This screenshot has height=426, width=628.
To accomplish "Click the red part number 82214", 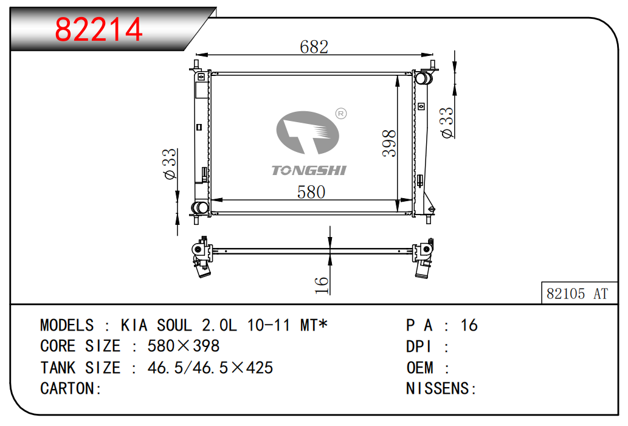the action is pyautogui.click(x=98, y=29).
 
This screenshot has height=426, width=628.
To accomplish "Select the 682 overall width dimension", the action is pyautogui.click(x=314, y=47).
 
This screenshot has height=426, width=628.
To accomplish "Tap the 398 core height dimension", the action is pyautogui.click(x=389, y=143).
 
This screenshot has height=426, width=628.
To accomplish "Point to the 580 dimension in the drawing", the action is pyautogui.click(x=311, y=192).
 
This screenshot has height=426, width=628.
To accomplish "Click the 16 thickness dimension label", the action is pyautogui.click(x=322, y=286).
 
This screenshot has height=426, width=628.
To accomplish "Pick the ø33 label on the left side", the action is pyautogui.click(x=170, y=163).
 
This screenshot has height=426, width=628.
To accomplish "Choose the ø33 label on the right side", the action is pyautogui.click(x=447, y=123).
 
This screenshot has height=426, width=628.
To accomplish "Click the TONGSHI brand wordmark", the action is pyautogui.click(x=309, y=171).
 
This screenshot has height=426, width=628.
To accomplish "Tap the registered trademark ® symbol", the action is pyautogui.click(x=341, y=114).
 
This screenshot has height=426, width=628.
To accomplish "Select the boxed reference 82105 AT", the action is pyautogui.click(x=577, y=294).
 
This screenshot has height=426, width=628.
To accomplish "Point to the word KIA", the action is pyautogui.click(x=134, y=325).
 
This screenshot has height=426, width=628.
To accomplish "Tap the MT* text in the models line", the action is pyautogui.click(x=314, y=325).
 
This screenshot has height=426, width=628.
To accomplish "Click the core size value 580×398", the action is pyautogui.click(x=184, y=346).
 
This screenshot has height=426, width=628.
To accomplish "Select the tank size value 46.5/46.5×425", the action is pyautogui.click(x=210, y=368).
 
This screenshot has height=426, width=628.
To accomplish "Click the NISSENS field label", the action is pyautogui.click(x=437, y=388).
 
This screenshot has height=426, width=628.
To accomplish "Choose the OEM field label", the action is pyautogui.click(x=419, y=368).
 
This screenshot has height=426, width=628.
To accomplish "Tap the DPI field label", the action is pyautogui.click(x=418, y=346).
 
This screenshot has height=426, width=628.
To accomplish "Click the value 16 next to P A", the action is pyautogui.click(x=469, y=325).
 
